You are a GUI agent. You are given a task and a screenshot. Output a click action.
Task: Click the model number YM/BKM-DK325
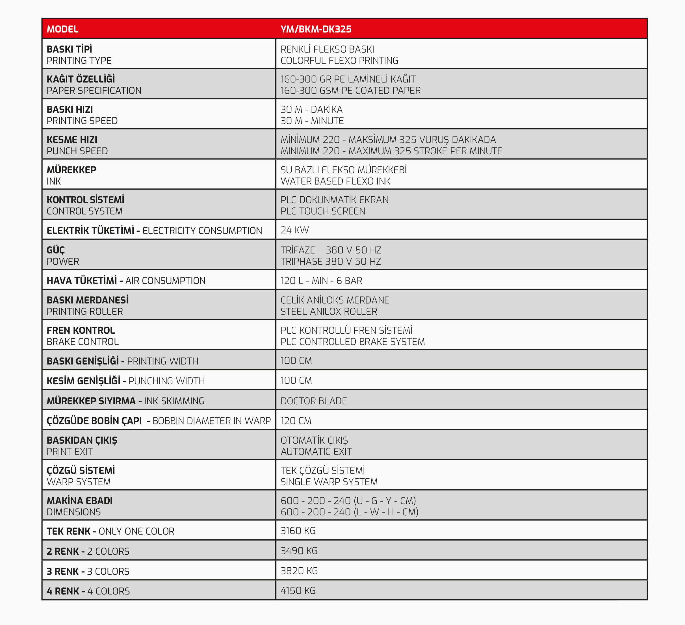316,29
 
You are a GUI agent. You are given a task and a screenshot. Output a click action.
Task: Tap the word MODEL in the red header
62,29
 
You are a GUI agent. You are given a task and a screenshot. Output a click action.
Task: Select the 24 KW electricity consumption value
294,230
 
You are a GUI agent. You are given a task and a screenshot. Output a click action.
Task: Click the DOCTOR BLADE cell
314,401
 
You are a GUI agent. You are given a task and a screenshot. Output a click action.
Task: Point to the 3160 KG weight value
298,531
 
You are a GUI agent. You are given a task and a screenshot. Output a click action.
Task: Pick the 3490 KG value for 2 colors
299,551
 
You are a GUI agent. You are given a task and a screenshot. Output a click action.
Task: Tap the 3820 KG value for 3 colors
299,571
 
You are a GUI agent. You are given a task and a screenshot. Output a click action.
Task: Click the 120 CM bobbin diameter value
296,420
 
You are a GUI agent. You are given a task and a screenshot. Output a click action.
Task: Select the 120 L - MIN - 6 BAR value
321,281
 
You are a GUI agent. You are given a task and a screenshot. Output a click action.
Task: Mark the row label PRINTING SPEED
82,121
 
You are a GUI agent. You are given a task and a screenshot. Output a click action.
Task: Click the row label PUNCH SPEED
77,151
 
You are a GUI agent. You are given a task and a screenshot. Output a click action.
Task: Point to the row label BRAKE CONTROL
83,342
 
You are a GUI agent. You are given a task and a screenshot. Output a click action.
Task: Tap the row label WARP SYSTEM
79,482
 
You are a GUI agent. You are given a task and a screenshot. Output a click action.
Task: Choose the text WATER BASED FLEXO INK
335,181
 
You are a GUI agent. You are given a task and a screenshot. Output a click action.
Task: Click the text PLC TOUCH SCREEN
322,211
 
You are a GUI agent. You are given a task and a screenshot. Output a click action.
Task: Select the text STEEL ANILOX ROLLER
329,311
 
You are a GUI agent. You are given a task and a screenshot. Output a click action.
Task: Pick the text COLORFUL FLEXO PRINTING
339,60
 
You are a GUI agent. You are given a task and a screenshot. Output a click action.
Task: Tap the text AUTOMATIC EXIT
316,452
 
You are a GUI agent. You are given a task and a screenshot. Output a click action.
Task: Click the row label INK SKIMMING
174,401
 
